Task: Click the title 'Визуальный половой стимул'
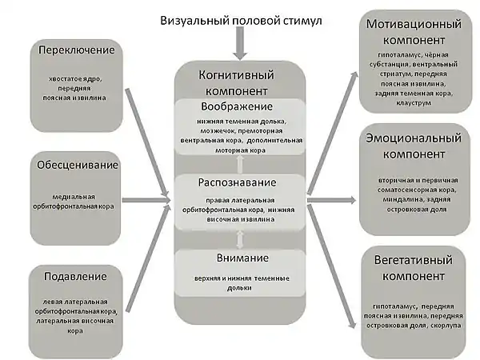point(241,20)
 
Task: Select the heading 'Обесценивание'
point(77,166)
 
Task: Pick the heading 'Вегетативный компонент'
point(414,269)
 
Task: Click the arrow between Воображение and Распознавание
point(238,163)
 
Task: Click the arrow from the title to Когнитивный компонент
point(240,47)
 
